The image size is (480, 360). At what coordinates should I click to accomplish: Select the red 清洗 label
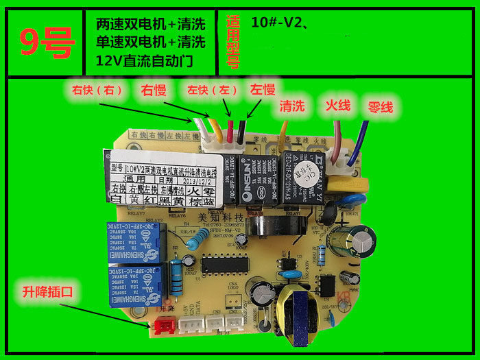291,106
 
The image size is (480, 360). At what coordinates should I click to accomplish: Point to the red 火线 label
337,106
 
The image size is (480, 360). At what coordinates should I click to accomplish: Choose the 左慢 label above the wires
262,90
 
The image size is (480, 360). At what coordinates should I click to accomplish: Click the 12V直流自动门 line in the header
145,61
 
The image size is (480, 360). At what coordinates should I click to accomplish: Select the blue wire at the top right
357,141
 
